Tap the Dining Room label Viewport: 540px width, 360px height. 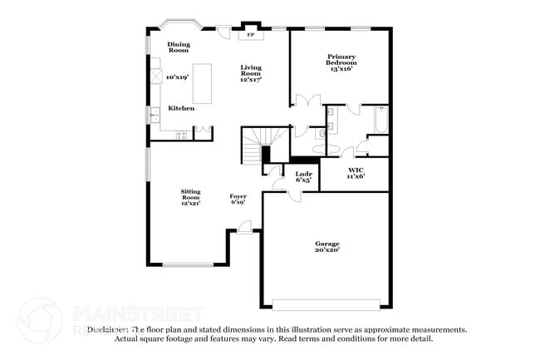[x=179, y=47]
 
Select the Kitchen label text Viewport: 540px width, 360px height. [x=181, y=108]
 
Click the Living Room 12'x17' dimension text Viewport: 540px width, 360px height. [x=251, y=80]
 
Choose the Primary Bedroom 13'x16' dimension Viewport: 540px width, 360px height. [x=341, y=69]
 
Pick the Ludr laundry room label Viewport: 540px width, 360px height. [x=303, y=176]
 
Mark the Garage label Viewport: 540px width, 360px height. [x=326, y=246]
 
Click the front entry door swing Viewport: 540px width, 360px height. [x=244, y=226]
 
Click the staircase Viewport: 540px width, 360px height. [x=253, y=141]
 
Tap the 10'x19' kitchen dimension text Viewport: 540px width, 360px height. [x=178, y=77]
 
